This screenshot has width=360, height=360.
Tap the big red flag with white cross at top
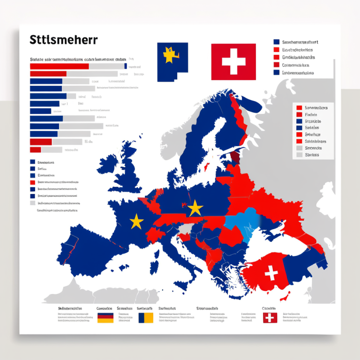tap(233, 61)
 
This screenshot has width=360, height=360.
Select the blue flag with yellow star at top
tap(172, 61)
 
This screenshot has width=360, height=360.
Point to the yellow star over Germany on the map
tap(195, 208)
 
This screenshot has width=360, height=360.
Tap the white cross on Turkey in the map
tap(271, 273)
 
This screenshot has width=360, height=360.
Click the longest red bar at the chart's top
tap(59, 67)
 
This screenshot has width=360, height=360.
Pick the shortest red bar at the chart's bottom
tap(36, 150)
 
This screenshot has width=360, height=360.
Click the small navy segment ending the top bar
tap(126, 67)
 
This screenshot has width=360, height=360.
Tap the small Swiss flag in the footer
tap(270, 318)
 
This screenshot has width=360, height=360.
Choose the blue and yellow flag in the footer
tap(146, 318)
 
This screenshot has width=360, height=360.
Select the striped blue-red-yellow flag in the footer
tap(105, 318)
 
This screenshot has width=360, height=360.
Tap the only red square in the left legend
tap(32, 182)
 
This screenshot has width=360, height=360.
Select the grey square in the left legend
tap(32, 203)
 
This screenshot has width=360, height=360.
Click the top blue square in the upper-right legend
tap(276, 42)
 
